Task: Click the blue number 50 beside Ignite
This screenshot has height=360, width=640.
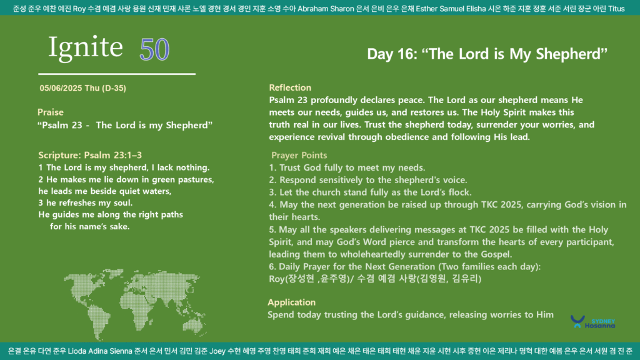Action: click(x=154, y=49)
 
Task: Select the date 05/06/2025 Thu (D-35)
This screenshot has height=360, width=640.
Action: click(x=83, y=88)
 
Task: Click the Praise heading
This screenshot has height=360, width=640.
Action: click(x=51, y=112)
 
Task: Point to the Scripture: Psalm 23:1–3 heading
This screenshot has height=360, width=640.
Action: click(x=90, y=155)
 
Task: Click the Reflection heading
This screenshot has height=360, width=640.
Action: click(x=290, y=87)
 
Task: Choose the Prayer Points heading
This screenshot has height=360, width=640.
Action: click(x=299, y=155)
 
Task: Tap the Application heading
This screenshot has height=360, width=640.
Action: click(x=291, y=302)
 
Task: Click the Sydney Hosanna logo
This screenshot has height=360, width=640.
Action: click(x=592, y=322)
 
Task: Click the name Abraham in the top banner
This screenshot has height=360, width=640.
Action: click(x=311, y=9)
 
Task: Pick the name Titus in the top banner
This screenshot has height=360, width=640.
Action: click(x=616, y=9)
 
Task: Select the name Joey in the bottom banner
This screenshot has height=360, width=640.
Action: click(x=217, y=351)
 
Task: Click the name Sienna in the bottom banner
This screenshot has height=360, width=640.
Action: click(x=121, y=351)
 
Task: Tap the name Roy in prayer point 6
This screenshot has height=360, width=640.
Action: click(x=276, y=279)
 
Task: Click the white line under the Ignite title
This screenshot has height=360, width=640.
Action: click(x=117, y=74)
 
